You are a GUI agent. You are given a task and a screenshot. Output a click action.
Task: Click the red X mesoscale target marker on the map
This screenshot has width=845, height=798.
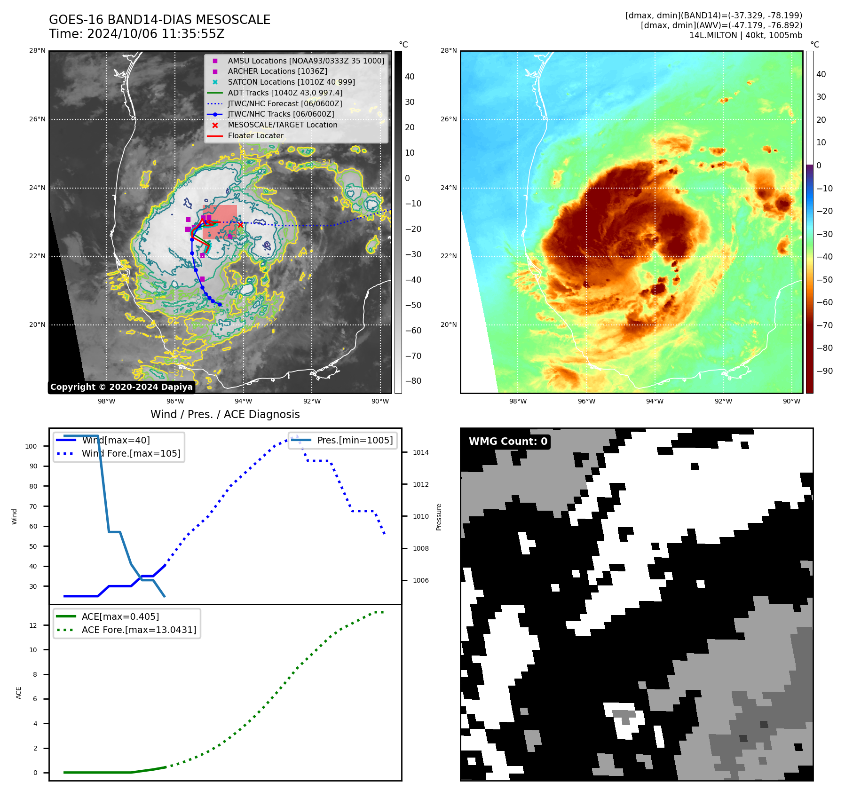(x=240, y=225)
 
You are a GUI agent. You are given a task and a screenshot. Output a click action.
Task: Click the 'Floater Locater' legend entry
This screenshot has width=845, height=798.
(x=255, y=136)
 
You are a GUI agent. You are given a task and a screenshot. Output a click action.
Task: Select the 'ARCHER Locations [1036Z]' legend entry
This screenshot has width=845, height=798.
(x=277, y=71)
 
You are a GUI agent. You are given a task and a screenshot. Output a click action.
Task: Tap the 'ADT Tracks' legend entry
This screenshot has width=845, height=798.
(x=284, y=93)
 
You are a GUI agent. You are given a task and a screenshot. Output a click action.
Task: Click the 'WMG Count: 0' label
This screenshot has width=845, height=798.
(x=508, y=442)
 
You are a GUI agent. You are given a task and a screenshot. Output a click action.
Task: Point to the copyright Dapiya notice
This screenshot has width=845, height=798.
(x=121, y=387)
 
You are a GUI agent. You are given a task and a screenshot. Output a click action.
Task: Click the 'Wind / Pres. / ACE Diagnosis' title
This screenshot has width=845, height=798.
(x=225, y=414)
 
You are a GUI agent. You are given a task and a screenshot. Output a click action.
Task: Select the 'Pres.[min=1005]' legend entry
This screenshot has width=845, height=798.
(x=355, y=441)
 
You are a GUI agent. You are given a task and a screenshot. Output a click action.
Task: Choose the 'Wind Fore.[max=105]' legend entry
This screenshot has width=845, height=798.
(x=131, y=454)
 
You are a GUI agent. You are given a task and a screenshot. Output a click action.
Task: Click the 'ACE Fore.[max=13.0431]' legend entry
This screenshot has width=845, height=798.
(x=139, y=630)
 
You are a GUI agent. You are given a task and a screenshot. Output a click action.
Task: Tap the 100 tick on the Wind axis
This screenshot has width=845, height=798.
(x=31, y=446)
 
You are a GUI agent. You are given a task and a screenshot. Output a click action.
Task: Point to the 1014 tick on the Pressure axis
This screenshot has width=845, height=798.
(x=421, y=453)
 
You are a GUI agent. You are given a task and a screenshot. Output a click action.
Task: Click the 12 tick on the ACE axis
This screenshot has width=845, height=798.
(x=33, y=625)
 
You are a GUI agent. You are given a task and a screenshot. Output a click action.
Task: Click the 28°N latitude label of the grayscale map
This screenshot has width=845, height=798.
(x=37, y=51)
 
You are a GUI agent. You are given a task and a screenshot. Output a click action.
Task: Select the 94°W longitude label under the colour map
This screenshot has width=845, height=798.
(x=655, y=401)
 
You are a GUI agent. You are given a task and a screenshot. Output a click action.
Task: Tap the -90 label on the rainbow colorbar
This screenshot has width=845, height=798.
(x=824, y=371)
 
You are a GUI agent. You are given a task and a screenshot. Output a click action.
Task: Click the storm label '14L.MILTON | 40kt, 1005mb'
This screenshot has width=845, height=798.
(x=745, y=35)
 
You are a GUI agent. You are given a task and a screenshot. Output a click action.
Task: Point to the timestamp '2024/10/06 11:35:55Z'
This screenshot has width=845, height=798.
(x=156, y=34)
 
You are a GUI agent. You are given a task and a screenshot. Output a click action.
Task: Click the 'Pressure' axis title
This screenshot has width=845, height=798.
(x=439, y=517)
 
